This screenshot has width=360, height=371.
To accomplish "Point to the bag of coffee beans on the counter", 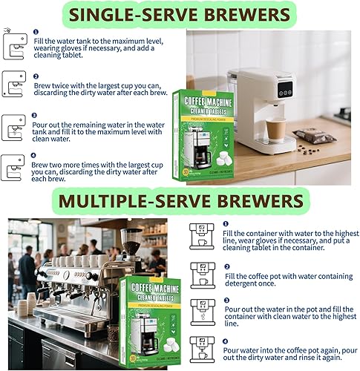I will [x=315, y=135].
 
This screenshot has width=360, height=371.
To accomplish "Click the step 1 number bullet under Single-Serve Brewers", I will [x=35, y=33].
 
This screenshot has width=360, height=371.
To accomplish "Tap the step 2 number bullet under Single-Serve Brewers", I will [x=35, y=76].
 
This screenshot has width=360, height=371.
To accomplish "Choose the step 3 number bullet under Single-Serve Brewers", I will [x=35, y=116].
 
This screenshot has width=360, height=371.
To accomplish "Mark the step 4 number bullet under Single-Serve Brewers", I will [x=35, y=157].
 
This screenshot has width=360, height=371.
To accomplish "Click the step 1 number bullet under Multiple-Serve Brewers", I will [x=226, y=223].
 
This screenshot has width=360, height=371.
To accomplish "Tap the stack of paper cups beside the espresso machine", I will [x=31, y=303].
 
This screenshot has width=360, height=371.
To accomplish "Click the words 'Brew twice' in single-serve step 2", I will [x=49, y=86].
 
